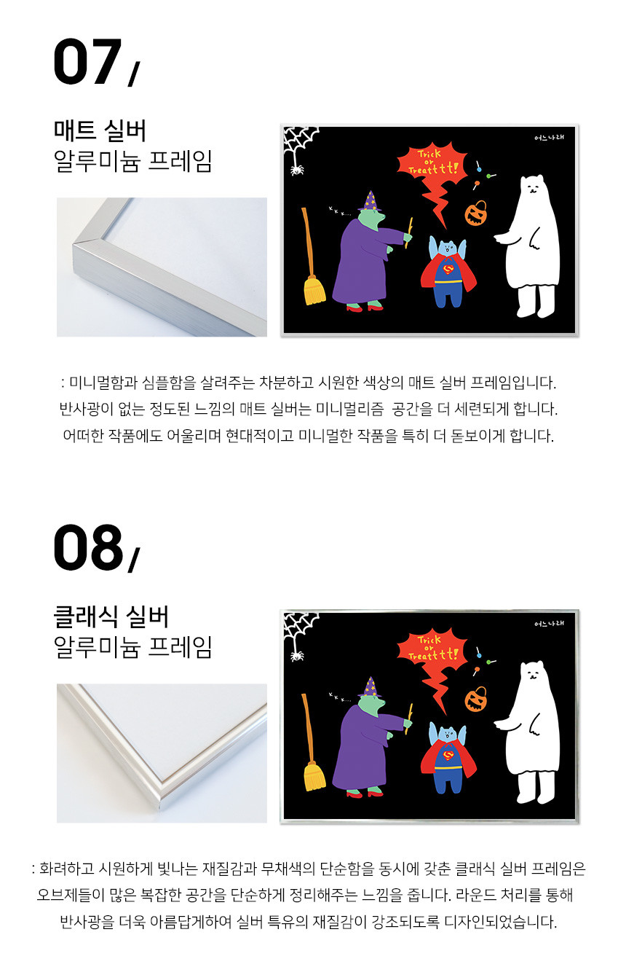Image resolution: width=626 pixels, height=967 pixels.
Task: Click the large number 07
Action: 87,61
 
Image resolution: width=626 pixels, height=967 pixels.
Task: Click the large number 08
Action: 88,547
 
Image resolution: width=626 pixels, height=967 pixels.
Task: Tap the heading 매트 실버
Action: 100,130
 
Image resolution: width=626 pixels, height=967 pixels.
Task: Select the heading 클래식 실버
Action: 111,616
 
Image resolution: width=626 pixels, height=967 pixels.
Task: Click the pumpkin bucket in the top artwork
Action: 475,213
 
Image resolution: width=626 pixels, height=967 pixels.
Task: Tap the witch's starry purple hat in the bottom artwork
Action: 370,687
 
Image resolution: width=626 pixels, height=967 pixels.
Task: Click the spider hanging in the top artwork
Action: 296,169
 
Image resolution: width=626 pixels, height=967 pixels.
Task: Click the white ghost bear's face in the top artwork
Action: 532,187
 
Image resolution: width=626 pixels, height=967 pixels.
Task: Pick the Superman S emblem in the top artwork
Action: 449,270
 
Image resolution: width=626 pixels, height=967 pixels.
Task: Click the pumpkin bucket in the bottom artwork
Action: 475,700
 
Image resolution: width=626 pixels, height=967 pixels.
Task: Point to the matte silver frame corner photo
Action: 162,267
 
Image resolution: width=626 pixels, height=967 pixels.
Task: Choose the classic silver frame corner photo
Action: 162,753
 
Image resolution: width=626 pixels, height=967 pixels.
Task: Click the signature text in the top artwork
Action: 549,138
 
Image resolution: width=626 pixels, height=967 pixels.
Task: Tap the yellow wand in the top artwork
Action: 408,233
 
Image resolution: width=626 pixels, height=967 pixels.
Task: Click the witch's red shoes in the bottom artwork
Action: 365,793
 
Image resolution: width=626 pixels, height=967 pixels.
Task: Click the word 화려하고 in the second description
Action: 66,869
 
